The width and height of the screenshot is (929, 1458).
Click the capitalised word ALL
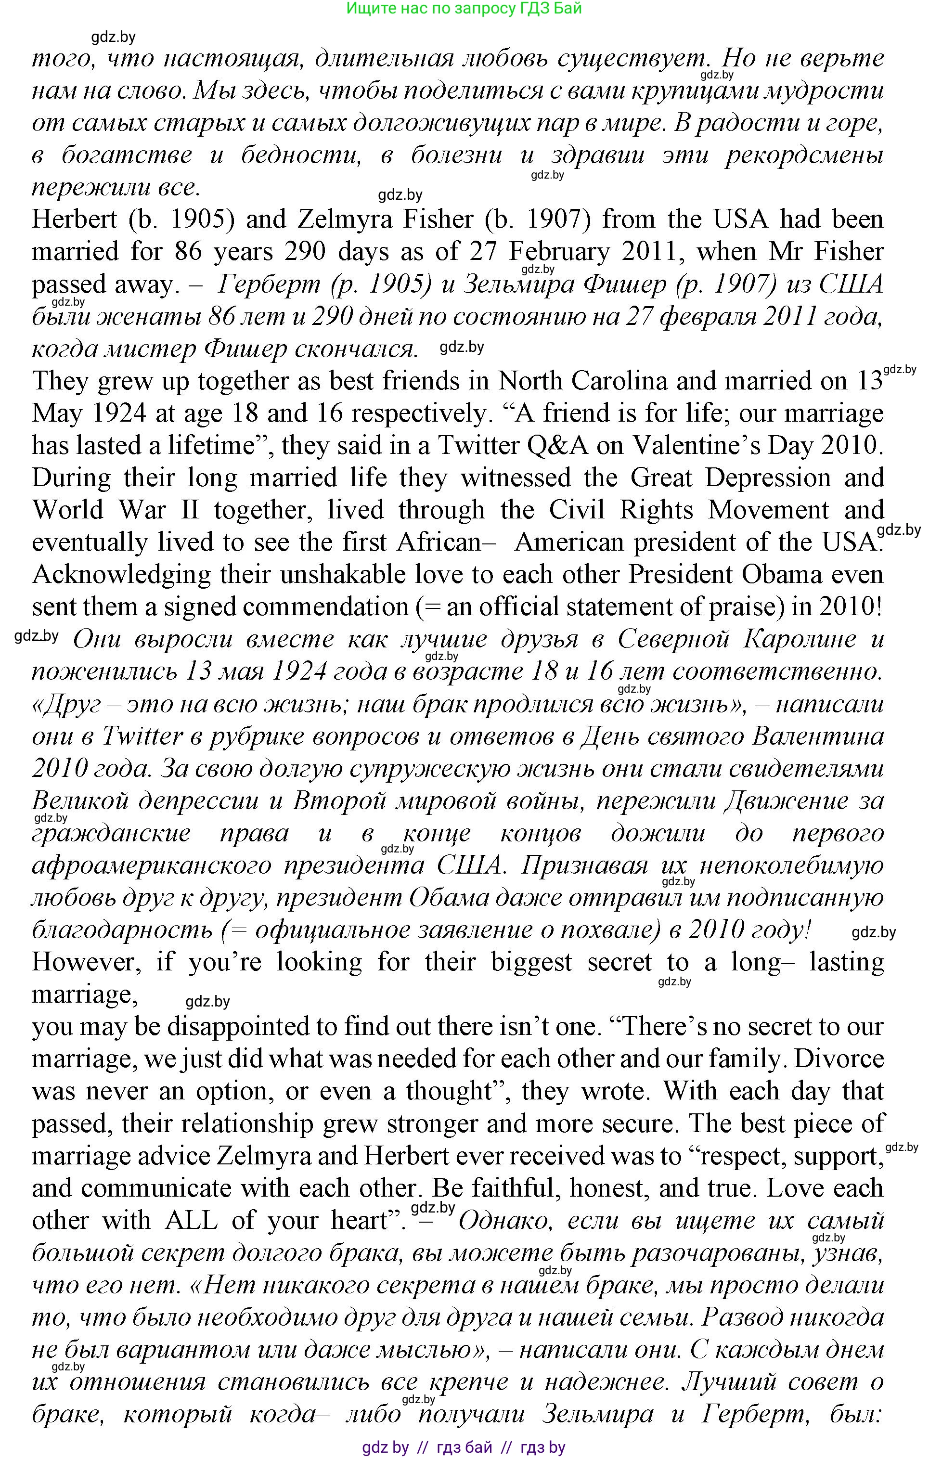coord(192,1221)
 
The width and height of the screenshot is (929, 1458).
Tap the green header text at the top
coord(464,9)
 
